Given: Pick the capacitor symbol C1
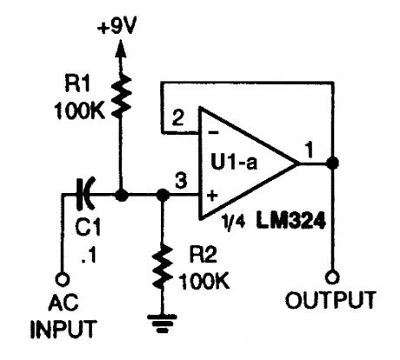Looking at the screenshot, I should [x=84, y=196].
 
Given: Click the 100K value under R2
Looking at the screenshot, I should [x=205, y=282].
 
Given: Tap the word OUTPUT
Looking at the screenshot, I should [x=335, y=302].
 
